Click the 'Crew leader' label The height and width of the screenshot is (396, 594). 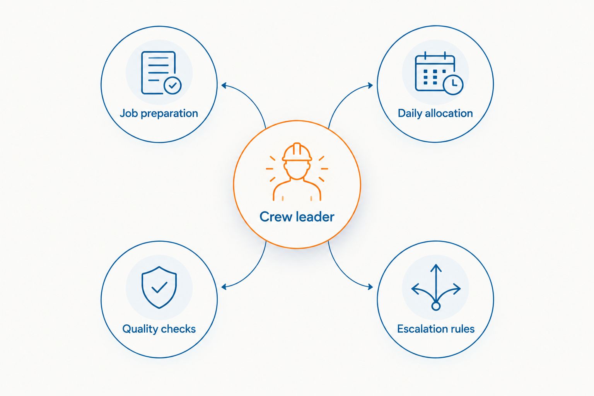pos(297,217)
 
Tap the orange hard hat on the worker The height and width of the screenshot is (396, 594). pos(297,152)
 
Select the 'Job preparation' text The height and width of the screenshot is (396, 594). pos(159,114)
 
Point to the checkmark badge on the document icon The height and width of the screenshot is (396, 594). pos(172,85)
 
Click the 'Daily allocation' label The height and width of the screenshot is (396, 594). pos(435,113)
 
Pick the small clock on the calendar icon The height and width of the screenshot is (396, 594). pos(453,85)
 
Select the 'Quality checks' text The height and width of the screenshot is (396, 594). pos(159,329)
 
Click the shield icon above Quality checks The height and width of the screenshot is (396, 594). pos(159,287)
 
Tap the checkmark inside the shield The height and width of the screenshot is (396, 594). pos(159,287)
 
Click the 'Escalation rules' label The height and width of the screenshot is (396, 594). pos(436,329)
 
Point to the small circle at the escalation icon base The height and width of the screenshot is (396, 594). pos(436,306)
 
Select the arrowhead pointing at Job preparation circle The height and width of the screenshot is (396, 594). pos(224,85)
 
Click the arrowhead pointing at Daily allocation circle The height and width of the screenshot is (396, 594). pos(370,85)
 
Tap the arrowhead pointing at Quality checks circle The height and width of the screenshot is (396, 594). pos(224,287)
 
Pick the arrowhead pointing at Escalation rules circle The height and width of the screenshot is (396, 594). pos(370,287)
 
